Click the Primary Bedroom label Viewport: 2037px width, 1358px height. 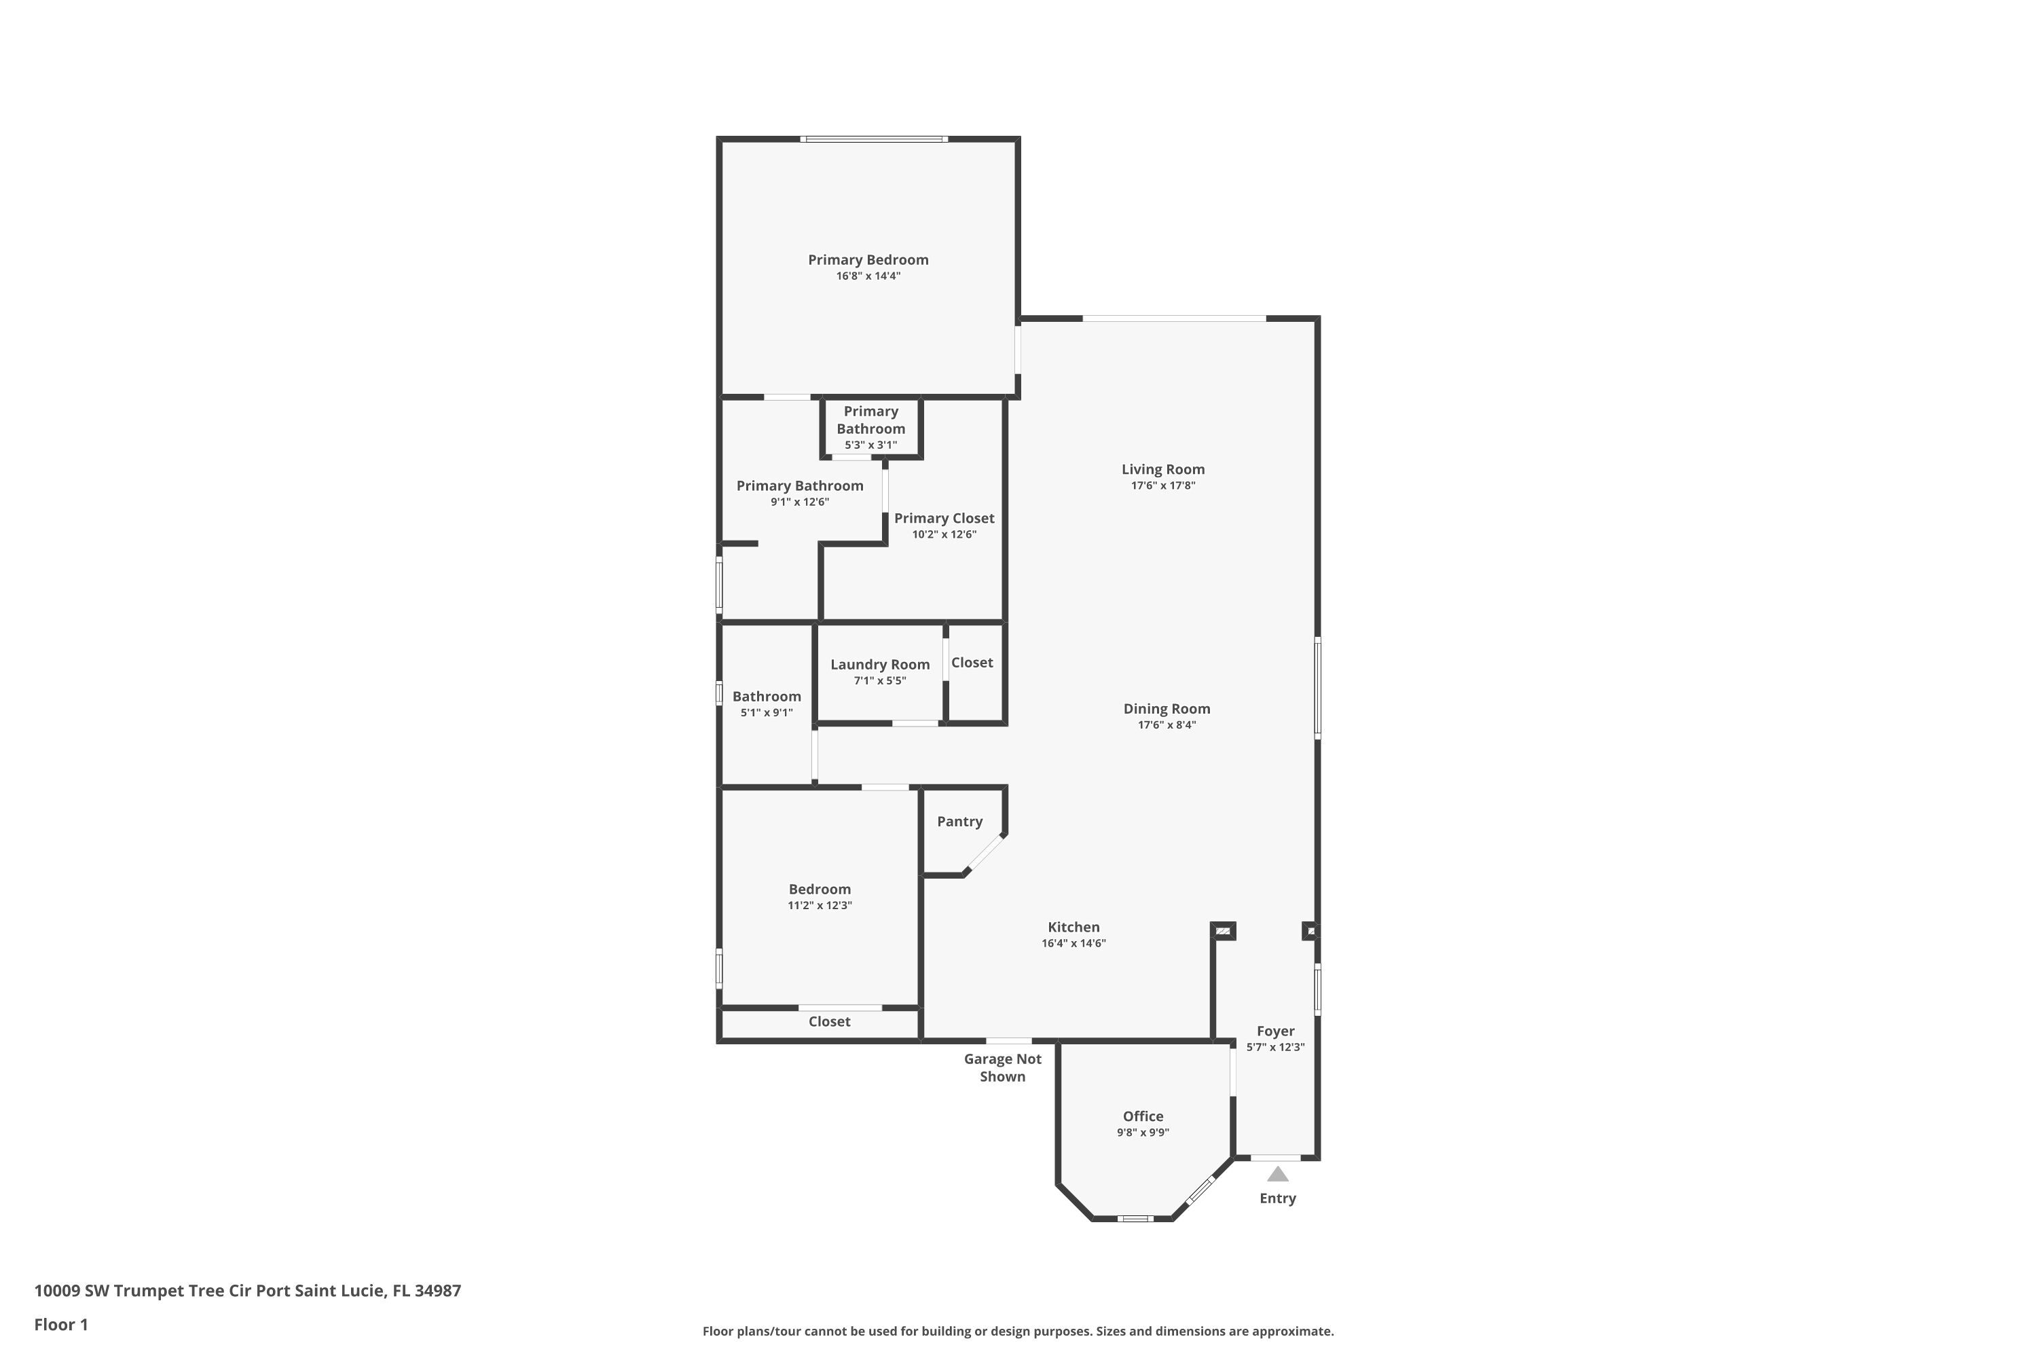pyautogui.click(x=868, y=260)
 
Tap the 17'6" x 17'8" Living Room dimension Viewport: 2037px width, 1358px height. pyautogui.click(x=1163, y=486)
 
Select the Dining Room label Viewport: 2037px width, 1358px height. pyautogui.click(x=1167, y=708)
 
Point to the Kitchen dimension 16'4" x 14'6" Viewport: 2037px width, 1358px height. pyautogui.click(x=1074, y=943)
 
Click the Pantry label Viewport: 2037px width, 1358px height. pyautogui.click(x=959, y=822)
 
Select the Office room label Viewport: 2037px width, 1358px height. pyautogui.click(x=1143, y=1116)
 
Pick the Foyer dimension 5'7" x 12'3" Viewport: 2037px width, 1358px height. pyautogui.click(x=1276, y=1047)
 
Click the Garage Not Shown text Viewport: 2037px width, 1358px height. pyautogui.click(x=1003, y=1068)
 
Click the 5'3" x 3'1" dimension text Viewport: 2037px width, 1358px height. pyautogui.click(x=871, y=445)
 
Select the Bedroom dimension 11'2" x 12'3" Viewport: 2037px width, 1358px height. pyautogui.click(x=820, y=906)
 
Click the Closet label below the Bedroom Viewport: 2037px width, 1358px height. pyautogui.click(x=830, y=1022)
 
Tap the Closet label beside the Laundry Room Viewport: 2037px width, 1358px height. pyautogui.click(x=972, y=663)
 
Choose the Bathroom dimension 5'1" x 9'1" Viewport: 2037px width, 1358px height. pyautogui.click(x=767, y=713)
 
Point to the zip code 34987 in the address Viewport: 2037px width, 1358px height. pyautogui.click(x=437, y=1291)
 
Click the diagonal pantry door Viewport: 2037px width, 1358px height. pyautogui.click(x=984, y=854)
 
